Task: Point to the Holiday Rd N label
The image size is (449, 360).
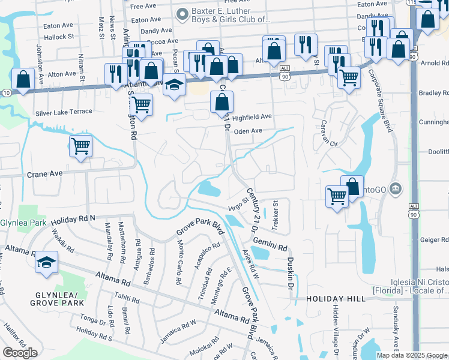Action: click(74, 218)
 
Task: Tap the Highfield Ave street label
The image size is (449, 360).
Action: click(252, 116)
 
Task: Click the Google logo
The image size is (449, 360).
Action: click(20, 353)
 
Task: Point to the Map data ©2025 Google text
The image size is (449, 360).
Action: click(412, 355)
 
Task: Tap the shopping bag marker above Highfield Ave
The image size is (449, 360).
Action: click(221, 103)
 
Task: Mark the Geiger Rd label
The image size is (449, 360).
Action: click(434, 239)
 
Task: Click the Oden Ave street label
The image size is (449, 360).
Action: click(249, 131)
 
